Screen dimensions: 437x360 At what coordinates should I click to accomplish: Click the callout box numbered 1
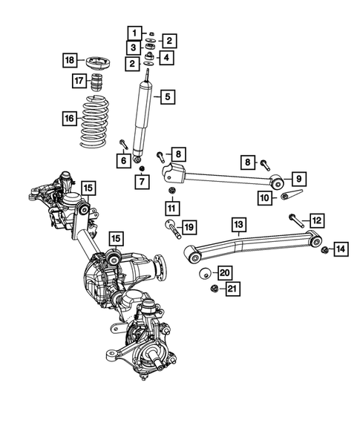coord(134,33)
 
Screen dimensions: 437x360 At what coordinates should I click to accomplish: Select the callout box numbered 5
coord(168,96)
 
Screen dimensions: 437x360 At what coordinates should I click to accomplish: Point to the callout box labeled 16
coord(68,117)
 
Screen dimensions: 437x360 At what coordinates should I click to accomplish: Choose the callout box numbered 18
coord(69,60)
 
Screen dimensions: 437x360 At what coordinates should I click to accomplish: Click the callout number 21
coord(233,288)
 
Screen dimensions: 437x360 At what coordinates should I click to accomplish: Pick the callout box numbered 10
coord(264,197)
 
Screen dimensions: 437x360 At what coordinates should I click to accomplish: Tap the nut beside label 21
coord(214,287)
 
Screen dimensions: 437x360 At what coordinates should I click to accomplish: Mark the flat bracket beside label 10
coord(289,197)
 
